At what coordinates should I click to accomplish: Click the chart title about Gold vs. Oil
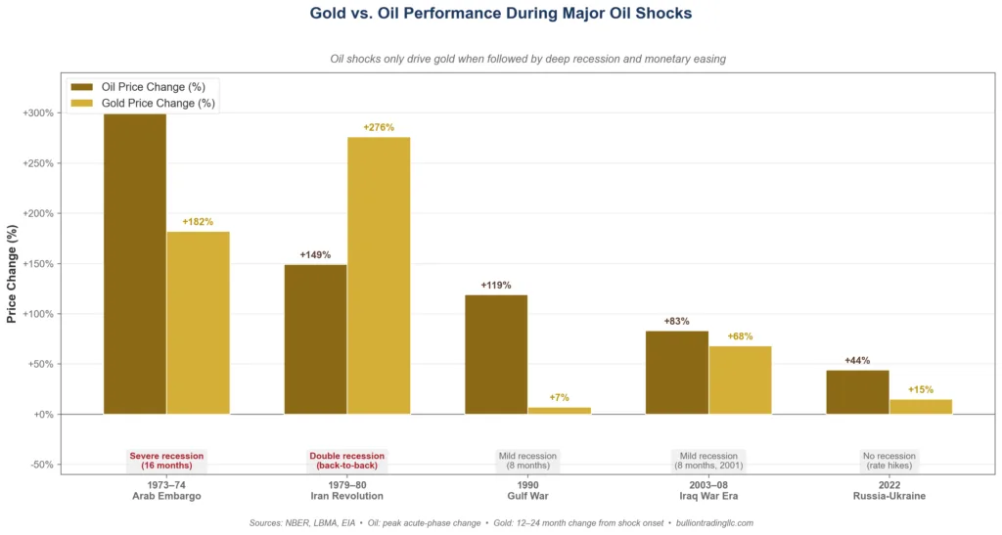point(500,14)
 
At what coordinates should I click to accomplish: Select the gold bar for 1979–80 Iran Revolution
point(379,275)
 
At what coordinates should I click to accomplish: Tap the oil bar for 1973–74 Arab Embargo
point(135,263)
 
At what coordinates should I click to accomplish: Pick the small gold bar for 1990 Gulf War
point(560,410)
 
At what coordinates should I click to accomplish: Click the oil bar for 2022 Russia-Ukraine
point(857,391)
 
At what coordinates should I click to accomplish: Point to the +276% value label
point(379,127)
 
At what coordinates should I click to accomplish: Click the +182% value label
point(198,222)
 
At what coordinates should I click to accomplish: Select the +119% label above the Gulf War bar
point(496,286)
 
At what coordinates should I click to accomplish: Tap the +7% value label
point(560,397)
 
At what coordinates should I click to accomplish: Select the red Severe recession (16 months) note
point(166,461)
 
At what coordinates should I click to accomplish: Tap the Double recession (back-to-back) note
point(347,461)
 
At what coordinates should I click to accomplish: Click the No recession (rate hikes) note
point(888,461)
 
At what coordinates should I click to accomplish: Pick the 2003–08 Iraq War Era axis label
point(708,490)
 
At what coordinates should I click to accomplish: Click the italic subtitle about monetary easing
point(500,59)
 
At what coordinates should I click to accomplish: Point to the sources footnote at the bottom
point(500,523)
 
